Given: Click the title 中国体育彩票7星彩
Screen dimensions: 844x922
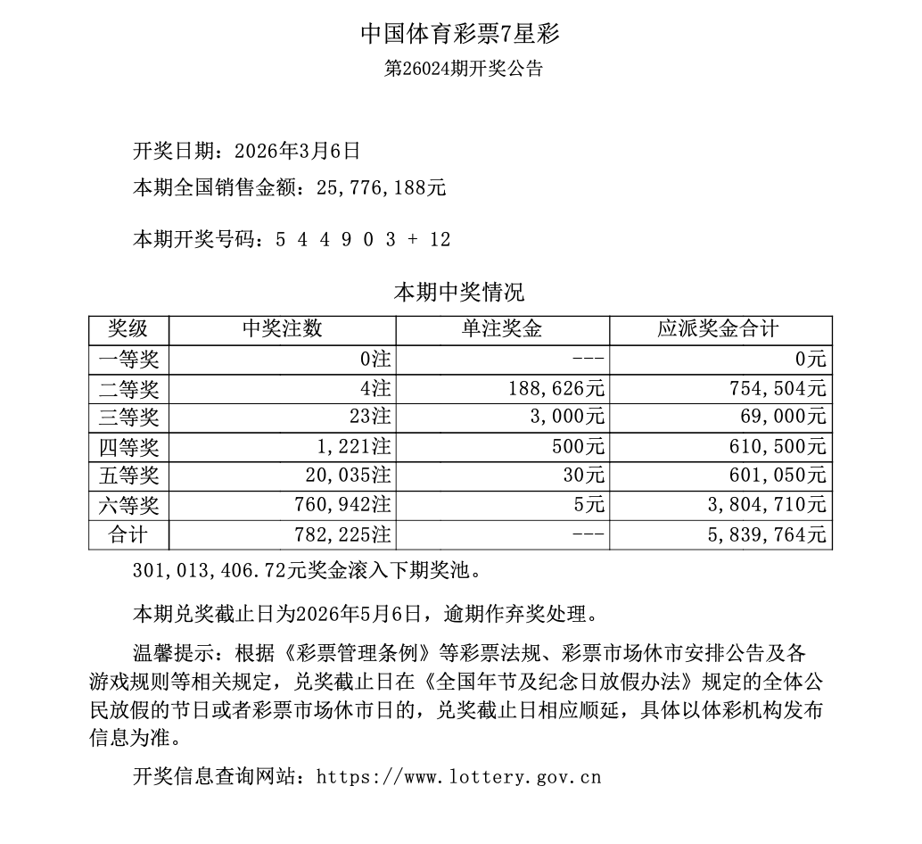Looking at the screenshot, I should (460, 35).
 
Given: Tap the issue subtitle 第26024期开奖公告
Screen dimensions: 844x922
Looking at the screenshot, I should (463, 69).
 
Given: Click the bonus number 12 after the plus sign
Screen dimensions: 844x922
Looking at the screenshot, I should (439, 239).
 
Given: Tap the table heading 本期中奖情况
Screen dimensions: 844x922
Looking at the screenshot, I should (459, 293).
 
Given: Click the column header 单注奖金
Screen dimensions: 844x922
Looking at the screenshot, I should (501, 329).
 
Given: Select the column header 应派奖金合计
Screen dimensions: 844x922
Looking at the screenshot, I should (719, 329).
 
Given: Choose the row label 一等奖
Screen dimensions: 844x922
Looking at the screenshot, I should (128, 360).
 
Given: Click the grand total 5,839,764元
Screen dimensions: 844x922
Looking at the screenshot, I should (768, 535).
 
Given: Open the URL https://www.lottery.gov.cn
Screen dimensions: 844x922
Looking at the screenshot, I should (458, 777).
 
